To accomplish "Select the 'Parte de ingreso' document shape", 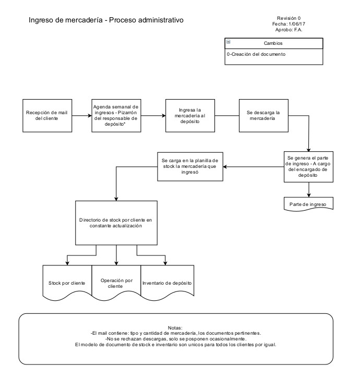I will (x=307, y=203).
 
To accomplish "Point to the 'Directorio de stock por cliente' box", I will (x=116, y=223).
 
